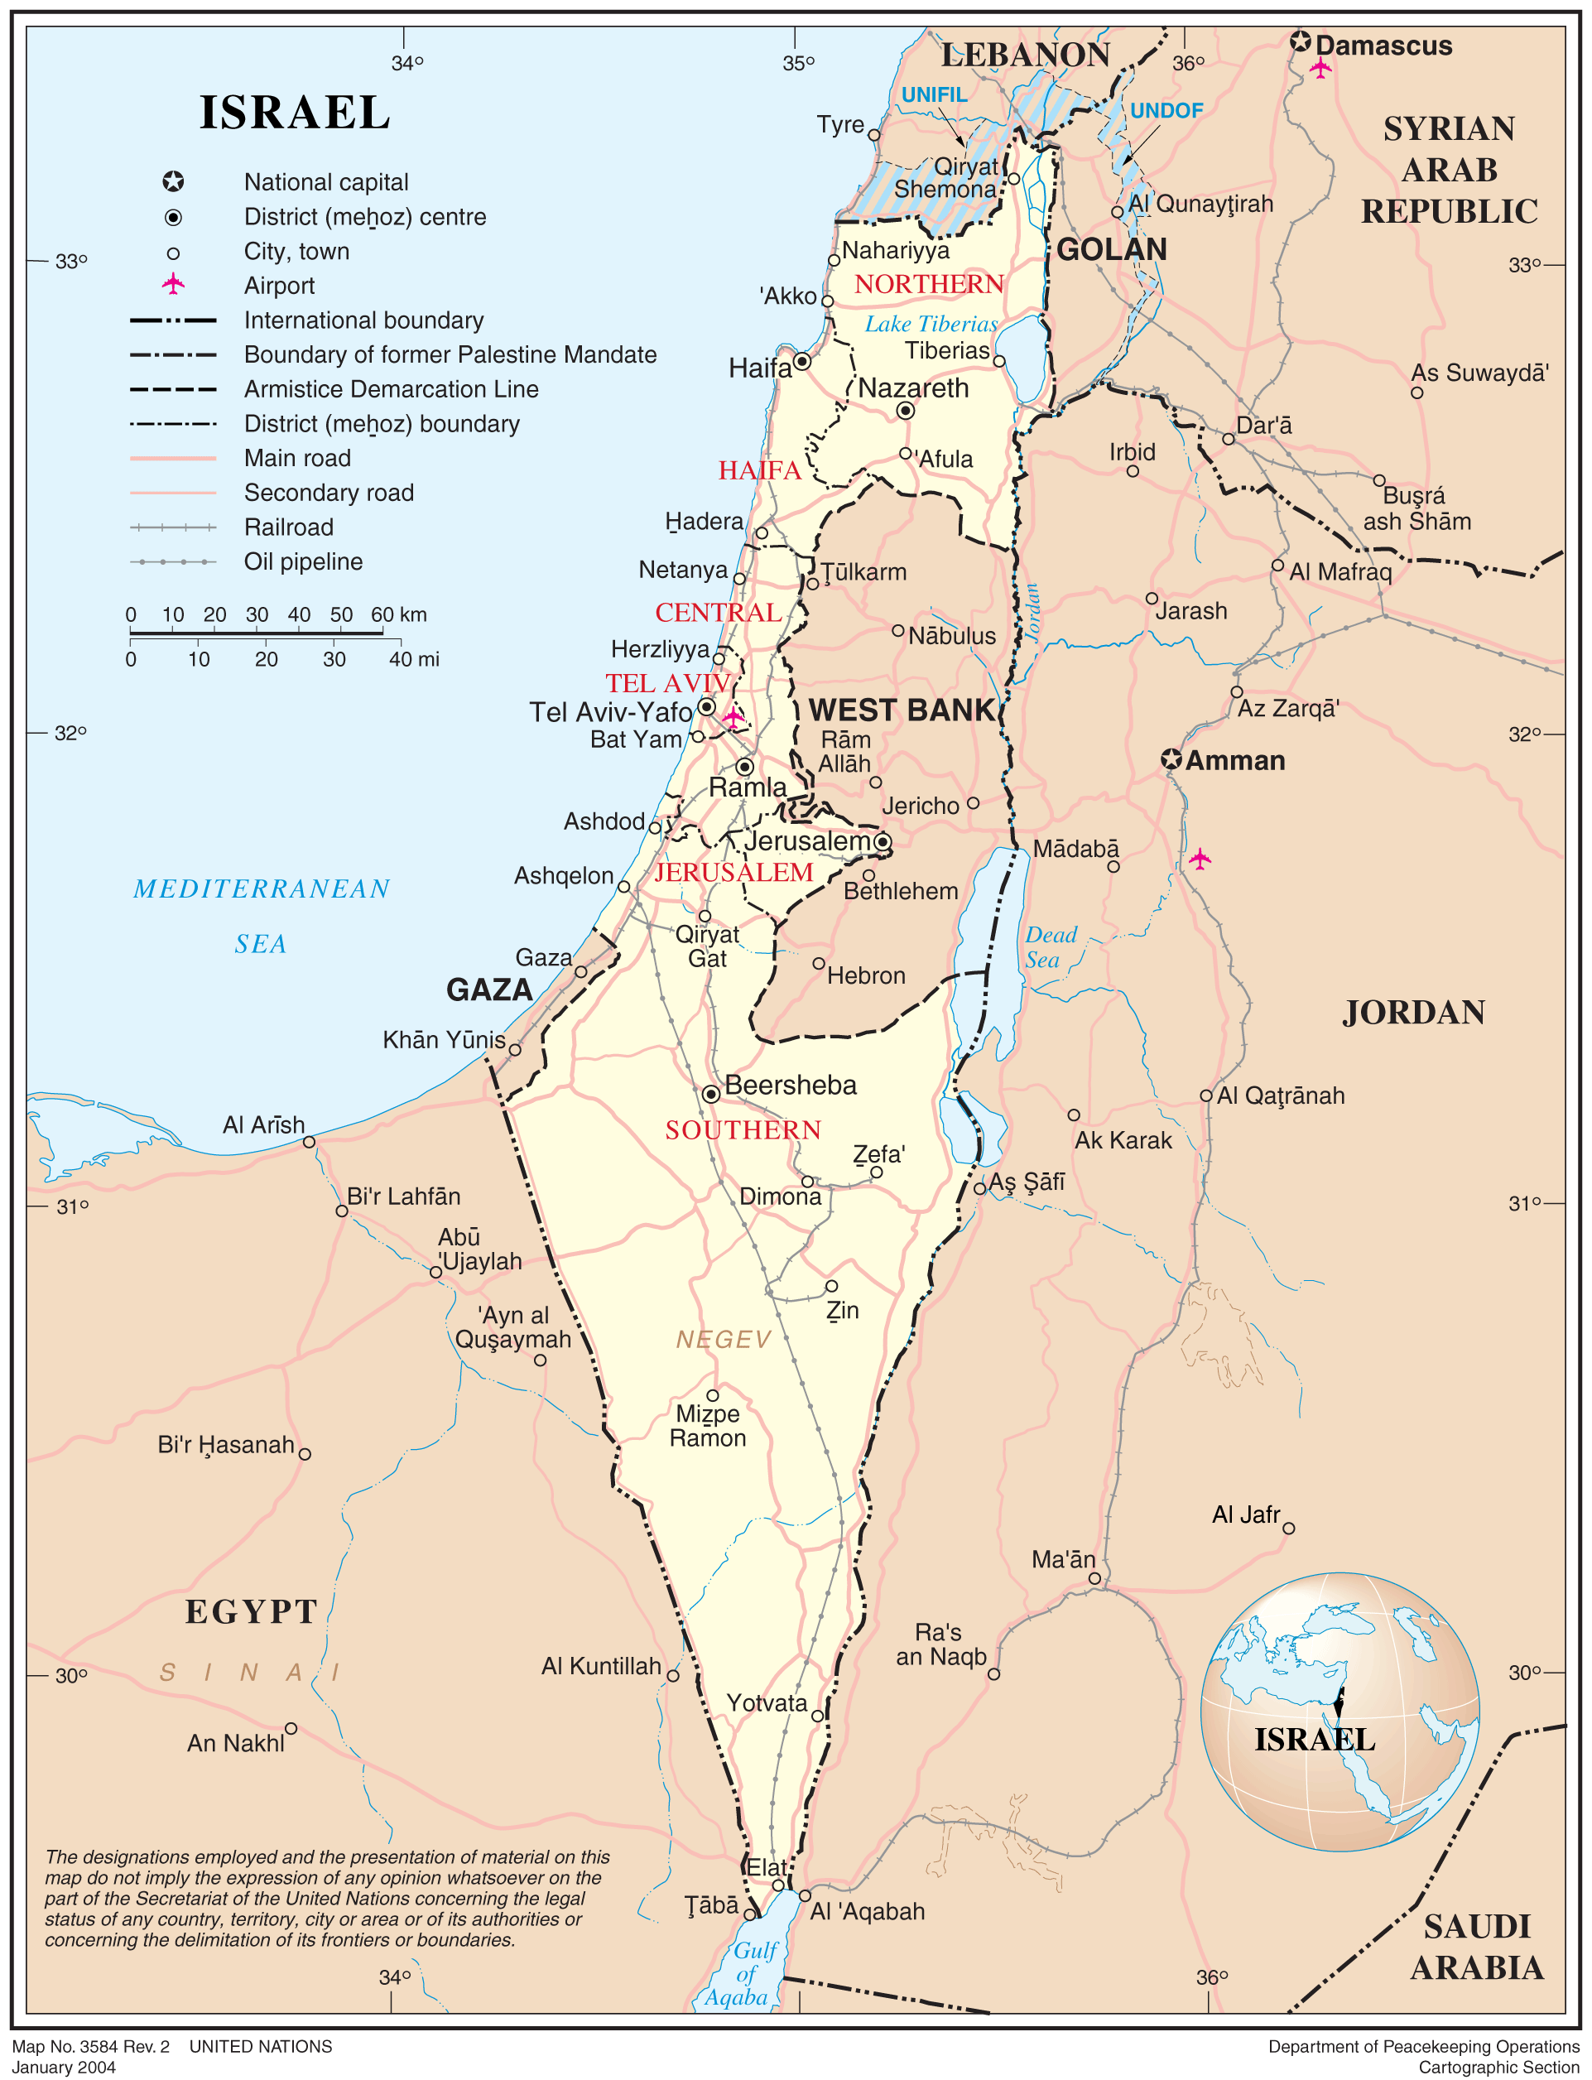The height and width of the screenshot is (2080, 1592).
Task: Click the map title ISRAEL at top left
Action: (x=295, y=113)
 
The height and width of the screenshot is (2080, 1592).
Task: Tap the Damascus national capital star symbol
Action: (x=1301, y=41)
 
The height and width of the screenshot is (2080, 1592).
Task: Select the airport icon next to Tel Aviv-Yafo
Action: (x=733, y=717)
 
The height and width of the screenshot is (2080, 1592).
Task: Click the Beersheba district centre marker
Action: (x=710, y=1095)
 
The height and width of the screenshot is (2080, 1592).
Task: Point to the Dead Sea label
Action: (x=1050, y=947)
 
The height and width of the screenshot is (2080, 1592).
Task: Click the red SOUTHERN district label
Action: (x=742, y=1129)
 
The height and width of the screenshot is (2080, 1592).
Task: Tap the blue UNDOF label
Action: (x=1166, y=111)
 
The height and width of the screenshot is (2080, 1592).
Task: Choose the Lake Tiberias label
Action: (x=931, y=324)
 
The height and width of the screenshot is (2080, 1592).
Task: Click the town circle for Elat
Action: (x=778, y=1885)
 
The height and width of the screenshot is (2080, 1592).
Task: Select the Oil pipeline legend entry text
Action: (x=303, y=562)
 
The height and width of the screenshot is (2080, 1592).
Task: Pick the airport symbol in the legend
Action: (x=173, y=284)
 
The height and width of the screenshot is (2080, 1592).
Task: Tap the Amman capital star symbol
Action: (x=1171, y=760)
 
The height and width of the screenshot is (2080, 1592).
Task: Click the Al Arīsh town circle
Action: (x=309, y=1142)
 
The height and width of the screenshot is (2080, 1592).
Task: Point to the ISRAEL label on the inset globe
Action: (x=1315, y=1740)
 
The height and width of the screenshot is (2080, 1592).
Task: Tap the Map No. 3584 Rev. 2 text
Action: (x=91, y=2046)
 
